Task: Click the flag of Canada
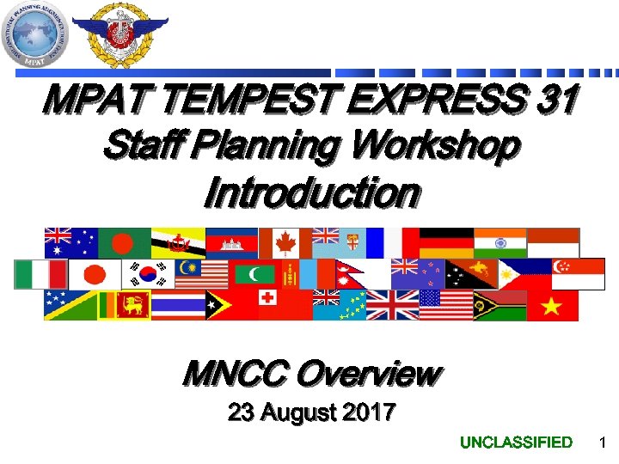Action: [x=285, y=242]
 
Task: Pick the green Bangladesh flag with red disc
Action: [x=125, y=242]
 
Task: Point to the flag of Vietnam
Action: [x=553, y=305]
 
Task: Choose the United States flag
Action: [x=446, y=305]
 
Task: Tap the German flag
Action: [x=446, y=242]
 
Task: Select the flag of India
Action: [x=499, y=242]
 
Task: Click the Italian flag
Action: [x=40, y=274]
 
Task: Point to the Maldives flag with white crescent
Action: [x=254, y=274]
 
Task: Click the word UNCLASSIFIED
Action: [x=516, y=443]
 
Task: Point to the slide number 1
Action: [x=602, y=443]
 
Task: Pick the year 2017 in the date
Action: [x=365, y=413]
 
